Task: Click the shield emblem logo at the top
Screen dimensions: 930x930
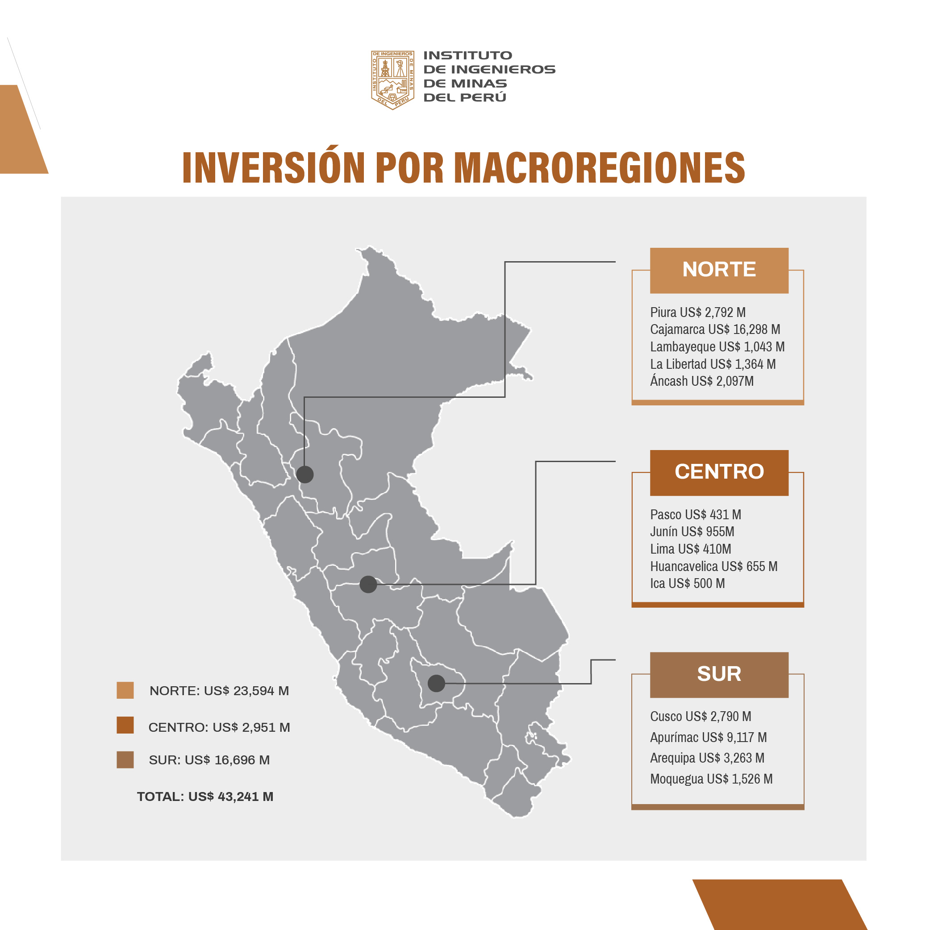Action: click(392, 80)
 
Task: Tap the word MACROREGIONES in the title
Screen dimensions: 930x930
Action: click(599, 167)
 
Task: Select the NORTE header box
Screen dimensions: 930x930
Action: click(719, 271)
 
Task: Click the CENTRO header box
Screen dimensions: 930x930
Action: click(719, 473)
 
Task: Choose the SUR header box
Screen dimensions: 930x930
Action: click(719, 675)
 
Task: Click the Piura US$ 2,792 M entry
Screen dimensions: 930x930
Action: click(698, 313)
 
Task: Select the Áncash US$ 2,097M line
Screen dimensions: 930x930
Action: click(702, 381)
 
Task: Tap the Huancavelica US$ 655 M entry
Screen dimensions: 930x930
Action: click(714, 566)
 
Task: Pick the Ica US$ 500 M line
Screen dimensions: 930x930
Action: click(688, 584)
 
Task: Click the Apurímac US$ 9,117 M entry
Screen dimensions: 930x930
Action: click(709, 738)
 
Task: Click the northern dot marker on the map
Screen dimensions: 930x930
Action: click(304, 475)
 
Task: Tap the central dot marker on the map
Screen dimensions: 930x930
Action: click(368, 584)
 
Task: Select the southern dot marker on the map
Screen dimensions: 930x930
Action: click(436, 683)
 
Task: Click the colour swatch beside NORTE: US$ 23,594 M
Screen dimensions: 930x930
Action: click(125, 690)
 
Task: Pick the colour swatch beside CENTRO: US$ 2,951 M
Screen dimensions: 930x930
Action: click(125, 725)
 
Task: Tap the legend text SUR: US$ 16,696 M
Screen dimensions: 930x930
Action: click(209, 760)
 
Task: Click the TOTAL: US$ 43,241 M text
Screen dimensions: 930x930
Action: click(205, 797)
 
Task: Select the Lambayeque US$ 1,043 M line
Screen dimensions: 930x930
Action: click(717, 347)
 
